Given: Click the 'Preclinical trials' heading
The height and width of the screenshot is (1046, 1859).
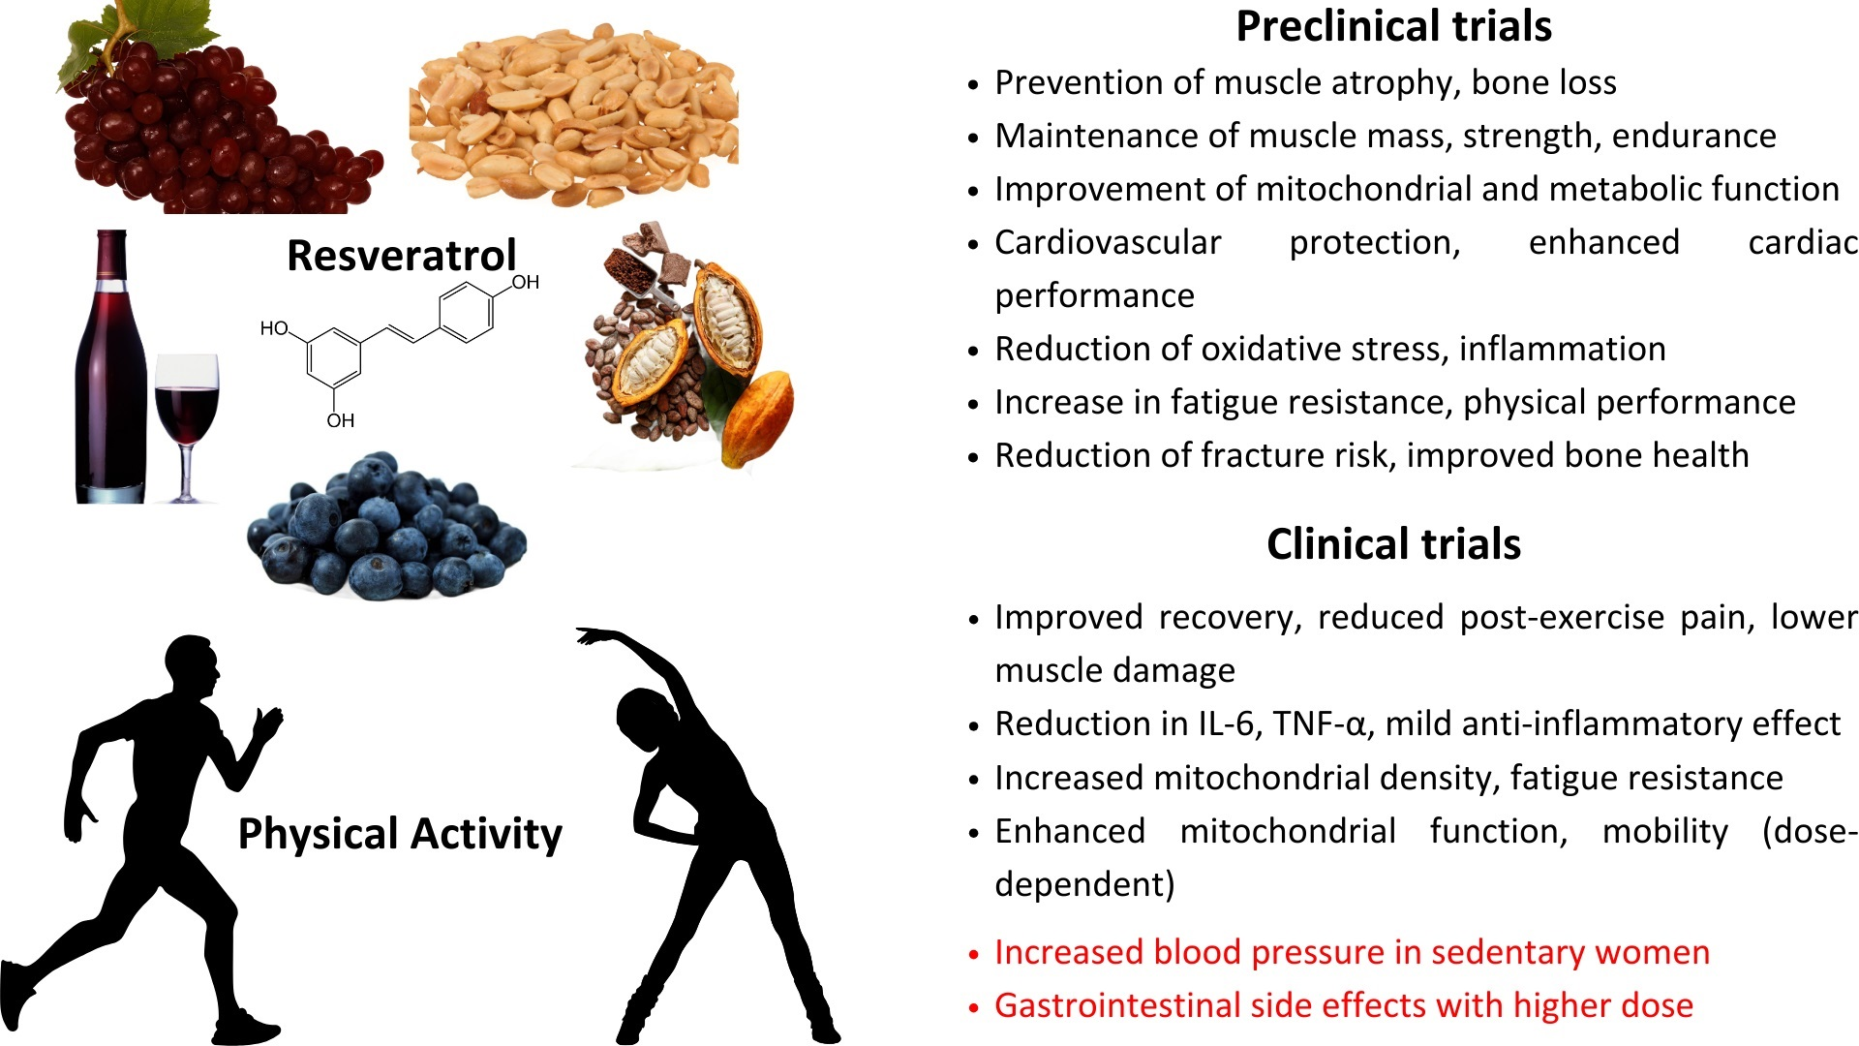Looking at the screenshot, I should click(1393, 26).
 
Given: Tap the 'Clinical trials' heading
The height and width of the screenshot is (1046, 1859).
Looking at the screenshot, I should click(1393, 544).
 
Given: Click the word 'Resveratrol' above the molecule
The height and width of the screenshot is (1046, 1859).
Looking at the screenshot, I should click(402, 256).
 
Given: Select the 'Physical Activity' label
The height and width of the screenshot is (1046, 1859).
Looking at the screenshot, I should click(400, 834).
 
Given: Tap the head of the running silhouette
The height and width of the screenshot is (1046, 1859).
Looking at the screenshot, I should click(190, 663).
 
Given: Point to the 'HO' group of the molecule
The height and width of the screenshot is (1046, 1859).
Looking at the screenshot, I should click(274, 328).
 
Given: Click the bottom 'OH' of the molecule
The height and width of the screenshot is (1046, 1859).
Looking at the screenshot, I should click(340, 420).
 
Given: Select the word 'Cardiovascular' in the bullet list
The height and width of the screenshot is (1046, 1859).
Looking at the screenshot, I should click(1108, 242).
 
